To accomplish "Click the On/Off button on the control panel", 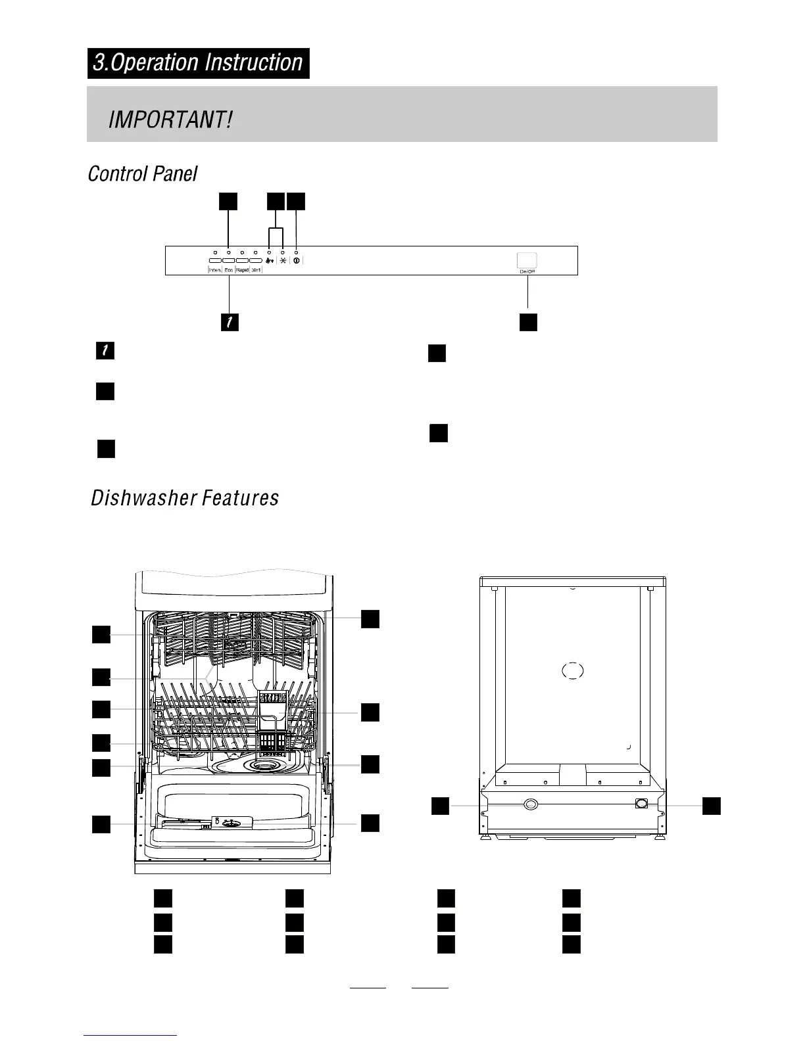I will [527, 260].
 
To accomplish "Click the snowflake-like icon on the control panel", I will [283, 261].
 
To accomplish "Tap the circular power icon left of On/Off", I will [297, 261].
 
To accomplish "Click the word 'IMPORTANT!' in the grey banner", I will [170, 120].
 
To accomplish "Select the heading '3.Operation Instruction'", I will [198, 63].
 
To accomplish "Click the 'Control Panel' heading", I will [143, 174].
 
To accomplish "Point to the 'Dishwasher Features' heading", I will [185, 498].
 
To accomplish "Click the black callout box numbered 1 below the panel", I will [230, 322].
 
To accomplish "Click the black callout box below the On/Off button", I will [528, 322].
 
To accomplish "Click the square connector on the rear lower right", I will [642, 803].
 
